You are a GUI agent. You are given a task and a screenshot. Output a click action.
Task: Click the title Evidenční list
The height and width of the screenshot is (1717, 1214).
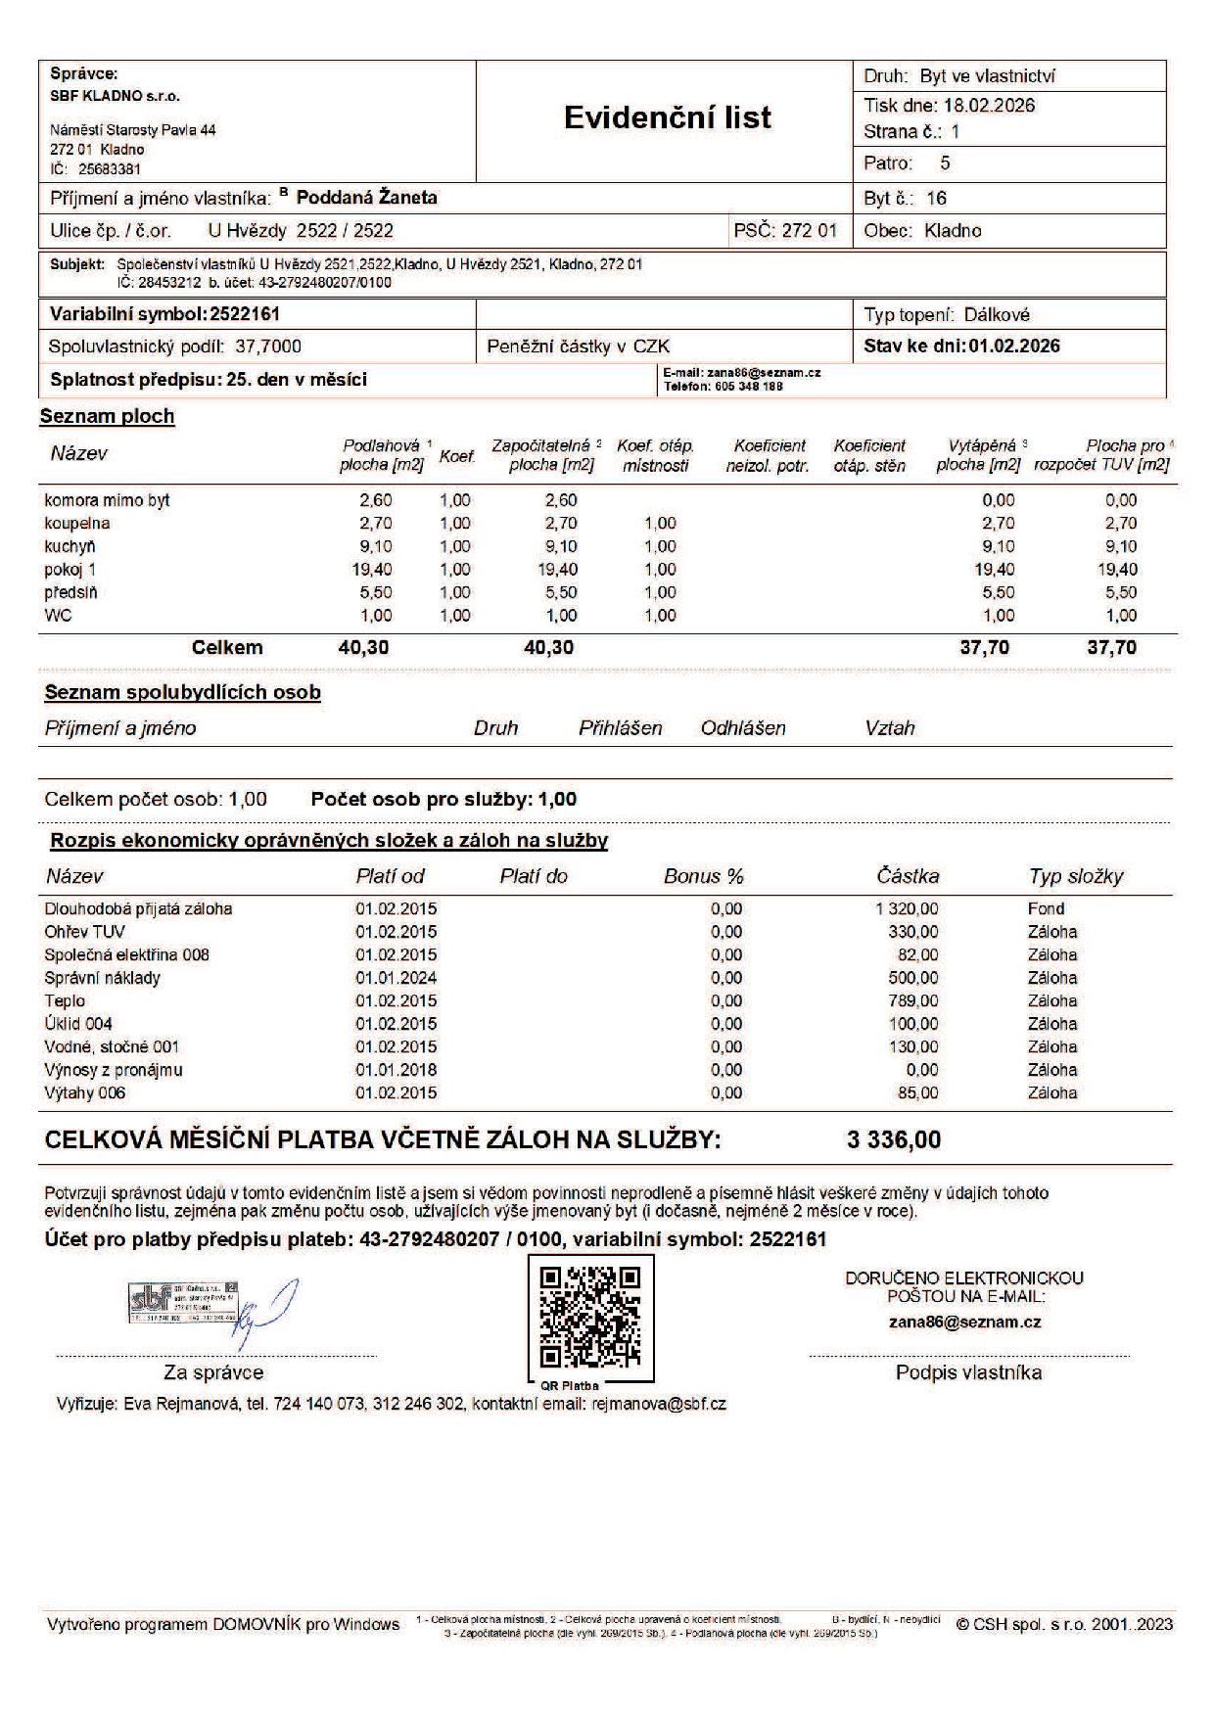pos(667,117)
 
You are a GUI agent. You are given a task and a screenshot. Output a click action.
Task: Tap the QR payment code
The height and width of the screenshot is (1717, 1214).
pos(590,1317)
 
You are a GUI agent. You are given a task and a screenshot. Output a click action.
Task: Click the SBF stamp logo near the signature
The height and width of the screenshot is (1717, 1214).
pos(182,1301)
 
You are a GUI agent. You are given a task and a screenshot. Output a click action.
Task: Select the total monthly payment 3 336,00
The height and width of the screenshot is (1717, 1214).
pos(893,1139)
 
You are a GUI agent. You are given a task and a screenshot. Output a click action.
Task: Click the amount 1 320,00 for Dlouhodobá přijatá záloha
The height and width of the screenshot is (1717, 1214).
pos(907,908)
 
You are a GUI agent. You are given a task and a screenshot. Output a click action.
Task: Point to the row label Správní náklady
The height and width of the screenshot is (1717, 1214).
pos(103,978)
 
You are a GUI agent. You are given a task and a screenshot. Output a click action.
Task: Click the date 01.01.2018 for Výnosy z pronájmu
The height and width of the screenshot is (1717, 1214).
pos(396,1070)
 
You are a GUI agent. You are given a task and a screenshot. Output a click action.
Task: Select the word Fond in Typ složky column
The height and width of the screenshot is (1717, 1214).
pos(1046,908)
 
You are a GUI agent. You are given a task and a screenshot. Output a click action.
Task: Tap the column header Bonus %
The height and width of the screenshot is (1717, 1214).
pos(703,876)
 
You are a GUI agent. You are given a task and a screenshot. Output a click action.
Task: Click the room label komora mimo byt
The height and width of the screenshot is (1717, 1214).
pos(108,500)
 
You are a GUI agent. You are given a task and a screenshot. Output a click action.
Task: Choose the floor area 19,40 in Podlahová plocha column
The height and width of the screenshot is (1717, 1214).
pos(371,570)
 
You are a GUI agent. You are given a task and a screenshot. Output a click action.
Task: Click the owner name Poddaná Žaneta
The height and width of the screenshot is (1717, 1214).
pos(366,198)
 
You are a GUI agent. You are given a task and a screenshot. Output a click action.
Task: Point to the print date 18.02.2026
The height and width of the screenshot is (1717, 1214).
pos(989,106)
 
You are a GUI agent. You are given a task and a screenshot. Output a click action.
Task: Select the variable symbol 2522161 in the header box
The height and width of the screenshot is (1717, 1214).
pos(245,314)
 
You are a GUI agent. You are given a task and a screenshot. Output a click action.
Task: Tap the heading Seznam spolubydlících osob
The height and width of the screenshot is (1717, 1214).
pos(183,693)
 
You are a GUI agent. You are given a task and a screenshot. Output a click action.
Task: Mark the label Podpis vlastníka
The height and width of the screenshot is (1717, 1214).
pos(968,1372)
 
